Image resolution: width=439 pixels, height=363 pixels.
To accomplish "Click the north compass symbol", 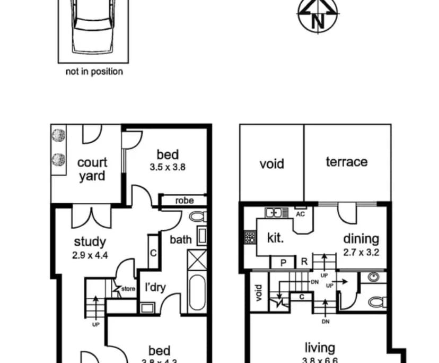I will pos(318,16).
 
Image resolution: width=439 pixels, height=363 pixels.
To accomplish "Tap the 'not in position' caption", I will pos(94,71).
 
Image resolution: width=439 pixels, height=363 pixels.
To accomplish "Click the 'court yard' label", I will pos(92,169).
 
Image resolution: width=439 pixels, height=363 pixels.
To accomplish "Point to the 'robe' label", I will pos(184,201).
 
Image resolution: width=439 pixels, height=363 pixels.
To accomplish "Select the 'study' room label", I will pos(89,243).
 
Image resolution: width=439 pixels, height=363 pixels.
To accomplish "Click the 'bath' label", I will pos(180,240).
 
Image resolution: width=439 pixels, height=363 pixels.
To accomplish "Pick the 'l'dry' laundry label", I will pos(155,288).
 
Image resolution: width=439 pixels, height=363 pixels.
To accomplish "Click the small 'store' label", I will pos(128,289).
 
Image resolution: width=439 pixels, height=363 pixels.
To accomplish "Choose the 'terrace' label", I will pos(346,162).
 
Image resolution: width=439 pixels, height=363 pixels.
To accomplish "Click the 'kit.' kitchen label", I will pos(275,238).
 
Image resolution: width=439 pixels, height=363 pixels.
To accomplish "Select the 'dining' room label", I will pos(361,239).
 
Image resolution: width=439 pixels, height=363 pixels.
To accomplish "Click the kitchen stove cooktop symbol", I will pos(249,237).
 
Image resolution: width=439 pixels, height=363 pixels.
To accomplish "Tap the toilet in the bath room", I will pos(198,217).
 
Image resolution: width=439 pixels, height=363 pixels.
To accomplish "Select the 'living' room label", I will pos(320,348).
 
